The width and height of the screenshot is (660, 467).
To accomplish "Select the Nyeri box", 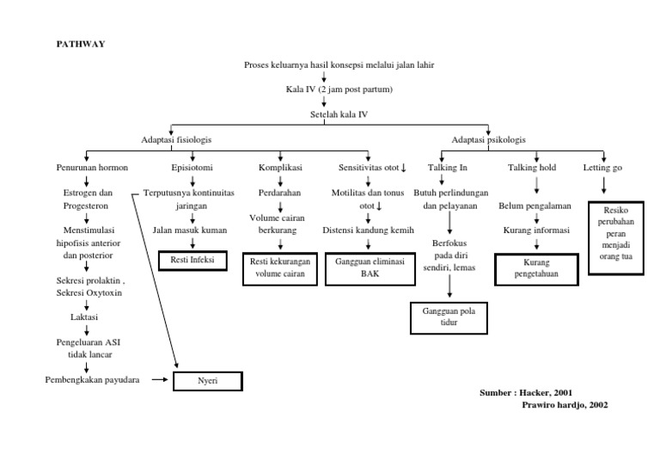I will point(209,380).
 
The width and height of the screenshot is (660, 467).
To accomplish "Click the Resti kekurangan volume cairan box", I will point(278,267).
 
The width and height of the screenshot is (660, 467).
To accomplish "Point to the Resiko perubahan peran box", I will point(615,237).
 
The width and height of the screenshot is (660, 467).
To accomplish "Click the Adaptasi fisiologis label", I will point(176,139).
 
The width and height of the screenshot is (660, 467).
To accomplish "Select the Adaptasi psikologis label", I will point(489,139).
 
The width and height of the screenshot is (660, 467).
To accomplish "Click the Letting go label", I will point(603,168).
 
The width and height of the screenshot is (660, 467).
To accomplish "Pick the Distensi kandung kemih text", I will point(369,230).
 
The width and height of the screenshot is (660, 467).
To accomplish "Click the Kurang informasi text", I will point(536,230).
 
